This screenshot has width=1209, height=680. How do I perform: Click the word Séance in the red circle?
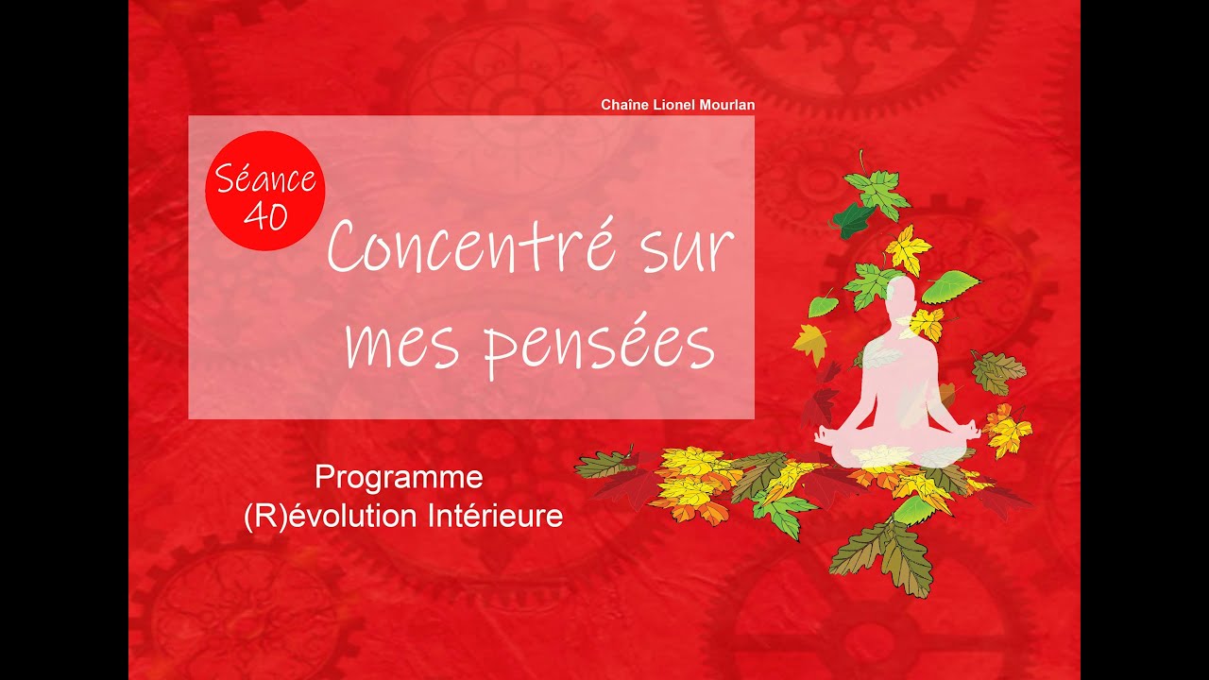[265, 177]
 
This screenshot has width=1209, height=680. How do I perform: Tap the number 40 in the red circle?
[265, 216]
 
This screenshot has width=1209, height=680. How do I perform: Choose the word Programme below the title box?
[399, 477]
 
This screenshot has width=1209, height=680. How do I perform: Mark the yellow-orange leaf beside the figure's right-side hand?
[1008, 431]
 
